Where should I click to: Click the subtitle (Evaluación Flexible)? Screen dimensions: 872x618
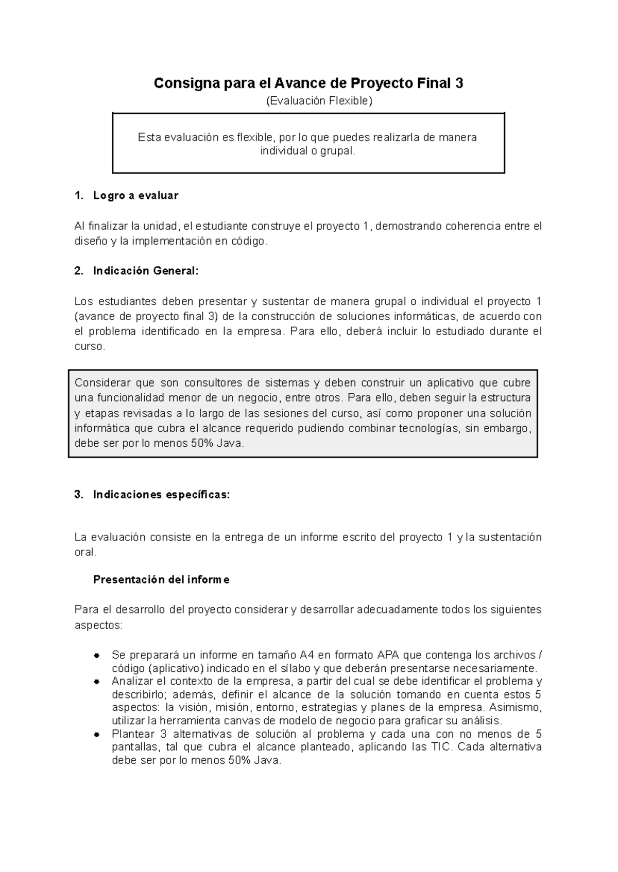click(x=318, y=101)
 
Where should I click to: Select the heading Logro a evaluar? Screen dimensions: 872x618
click(x=135, y=196)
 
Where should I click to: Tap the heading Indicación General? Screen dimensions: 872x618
click(x=145, y=271)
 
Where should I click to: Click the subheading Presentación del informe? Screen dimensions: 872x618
click(x=161, y=580)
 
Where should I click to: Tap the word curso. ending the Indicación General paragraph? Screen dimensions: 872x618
click(x=90, y=346)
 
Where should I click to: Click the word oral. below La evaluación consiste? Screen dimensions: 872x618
click(x=85, y=552)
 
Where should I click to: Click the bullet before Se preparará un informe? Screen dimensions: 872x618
click(x=96, y=656)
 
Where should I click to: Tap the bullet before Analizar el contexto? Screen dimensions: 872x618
click(x=96, y=682)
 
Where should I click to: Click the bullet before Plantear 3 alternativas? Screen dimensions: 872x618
click(x=96, y=735)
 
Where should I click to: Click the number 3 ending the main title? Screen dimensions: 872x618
click(x=459, y=83)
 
